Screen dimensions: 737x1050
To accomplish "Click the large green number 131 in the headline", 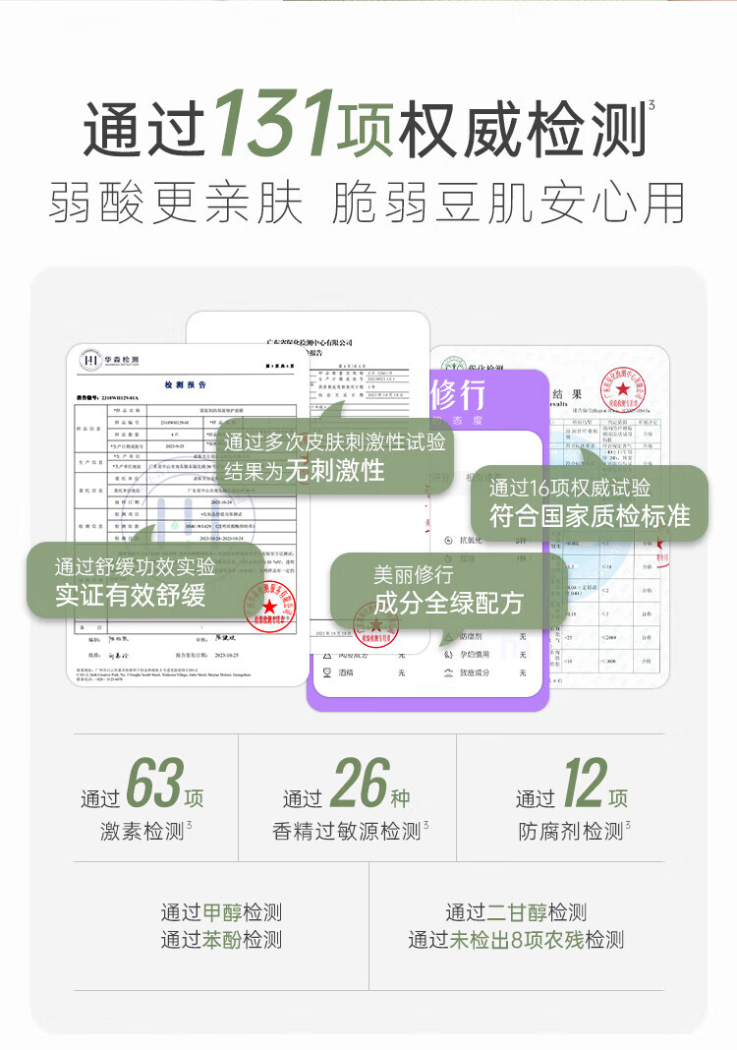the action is pyautogui.click(x=273, y=125).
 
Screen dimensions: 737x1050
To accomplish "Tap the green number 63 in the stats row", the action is pyautogui.click(x=155, y=784).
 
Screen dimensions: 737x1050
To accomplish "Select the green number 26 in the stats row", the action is pyautogui.click(x=359, y=784).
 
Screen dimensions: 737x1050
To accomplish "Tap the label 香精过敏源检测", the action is pyautogui.click(x=346, y=832).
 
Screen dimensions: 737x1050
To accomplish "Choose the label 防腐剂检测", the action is pyautogui.click(x=571, y=832).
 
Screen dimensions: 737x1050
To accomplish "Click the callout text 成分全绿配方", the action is pyautogui.click(x=447, y=603).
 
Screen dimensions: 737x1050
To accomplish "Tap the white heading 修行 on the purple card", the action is pyautogui.click(x=458, y=395).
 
